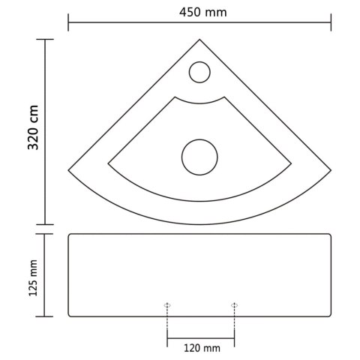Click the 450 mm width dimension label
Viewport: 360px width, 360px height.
click(199, 12)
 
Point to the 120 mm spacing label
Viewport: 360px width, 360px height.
click(202, 347)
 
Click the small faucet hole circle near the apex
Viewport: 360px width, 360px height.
click(199, 72)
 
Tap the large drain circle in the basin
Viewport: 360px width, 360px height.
click(199, 157)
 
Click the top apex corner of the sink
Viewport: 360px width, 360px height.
click(199, 39)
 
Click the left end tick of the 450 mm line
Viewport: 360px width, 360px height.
click(68, 24)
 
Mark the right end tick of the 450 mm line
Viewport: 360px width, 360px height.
click(331, 24)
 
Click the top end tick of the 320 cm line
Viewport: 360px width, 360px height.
click(46, 39)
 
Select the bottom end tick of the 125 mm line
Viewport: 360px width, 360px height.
click(46, 316)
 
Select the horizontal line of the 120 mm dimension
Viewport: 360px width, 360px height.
click(201, 334)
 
